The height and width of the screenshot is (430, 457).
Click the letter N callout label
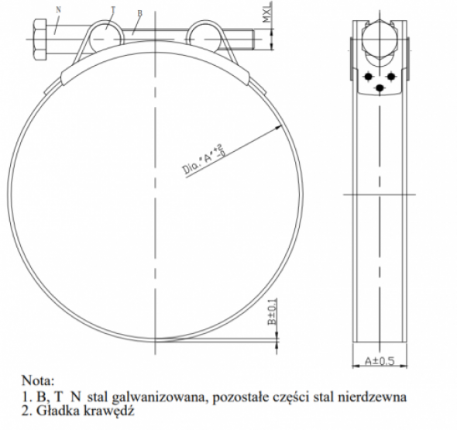(59, 10)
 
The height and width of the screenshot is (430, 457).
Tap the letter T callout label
(112, 9)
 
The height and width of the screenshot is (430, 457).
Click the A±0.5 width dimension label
(380, 360)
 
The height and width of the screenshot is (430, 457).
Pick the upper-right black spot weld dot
(391, 75)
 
